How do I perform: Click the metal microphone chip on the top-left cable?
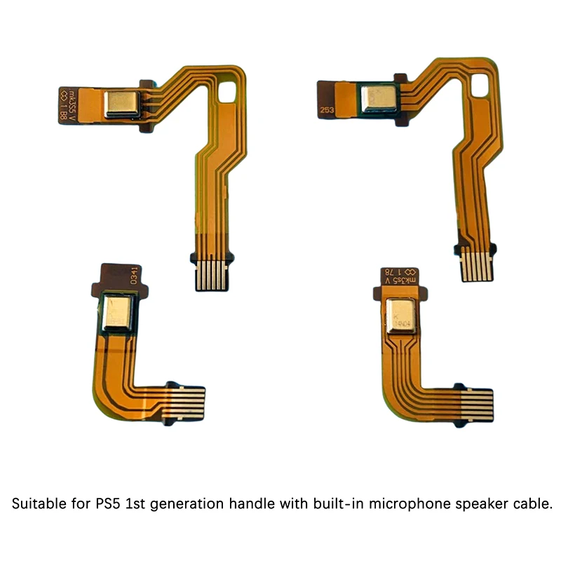121,103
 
